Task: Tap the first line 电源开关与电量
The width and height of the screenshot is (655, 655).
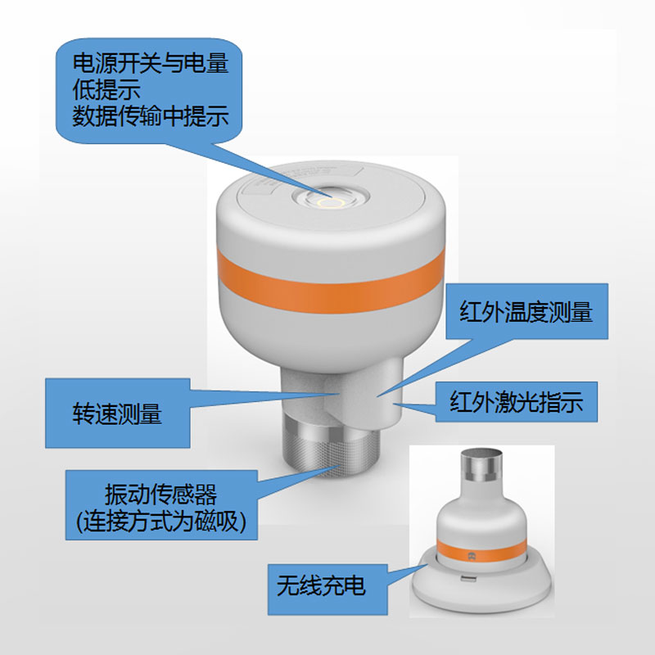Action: click(149, 62)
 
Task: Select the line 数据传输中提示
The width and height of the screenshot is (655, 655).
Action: click(149, 116)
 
